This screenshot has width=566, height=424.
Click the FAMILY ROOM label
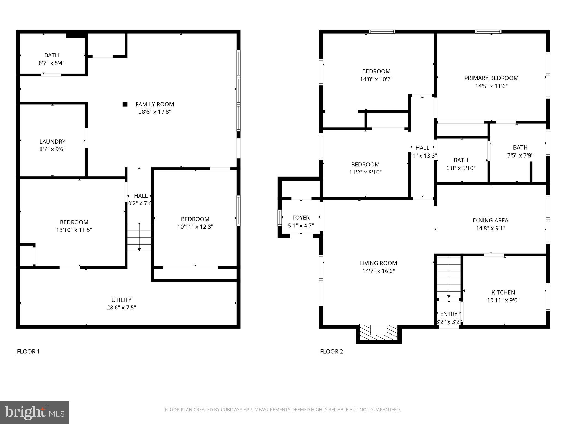tap(154, 104)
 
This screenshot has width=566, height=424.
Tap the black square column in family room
tap(125, 104)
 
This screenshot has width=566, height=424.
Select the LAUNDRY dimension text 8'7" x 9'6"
tap(52, 149)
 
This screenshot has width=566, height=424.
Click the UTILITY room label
tap(121, 300)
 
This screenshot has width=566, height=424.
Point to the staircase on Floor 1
tap(139, 237)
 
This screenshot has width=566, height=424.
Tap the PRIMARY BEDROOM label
tap(491, 78)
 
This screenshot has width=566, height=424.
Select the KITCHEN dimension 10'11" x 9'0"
tap(503, 300)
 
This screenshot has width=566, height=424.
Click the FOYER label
tap(301, 218)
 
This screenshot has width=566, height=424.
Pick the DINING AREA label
tap(490, 221)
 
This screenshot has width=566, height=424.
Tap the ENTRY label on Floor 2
tap(449, 314)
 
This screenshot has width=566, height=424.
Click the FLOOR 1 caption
tap(28, 351)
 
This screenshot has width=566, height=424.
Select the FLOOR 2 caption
tap(331, 351)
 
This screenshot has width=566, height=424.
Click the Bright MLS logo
tap(35, 412)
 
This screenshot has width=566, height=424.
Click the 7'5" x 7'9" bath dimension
tap(520, 155)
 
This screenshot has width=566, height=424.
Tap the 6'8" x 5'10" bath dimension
tap(461, 168)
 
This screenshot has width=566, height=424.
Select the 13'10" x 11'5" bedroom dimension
tap(74, 230)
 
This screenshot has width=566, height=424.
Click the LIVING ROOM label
tap(378, 263)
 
